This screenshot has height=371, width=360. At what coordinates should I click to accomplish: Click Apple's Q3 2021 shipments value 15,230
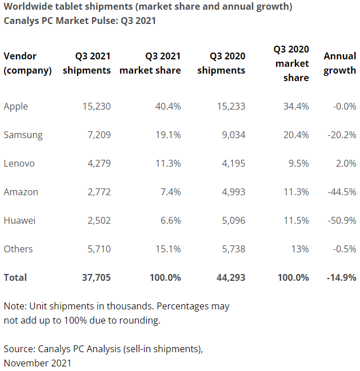(x=94, y=106)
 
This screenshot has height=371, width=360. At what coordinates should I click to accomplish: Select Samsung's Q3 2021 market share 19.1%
(x=168, y=135)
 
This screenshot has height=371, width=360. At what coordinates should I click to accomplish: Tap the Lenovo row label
(x=19, y=163)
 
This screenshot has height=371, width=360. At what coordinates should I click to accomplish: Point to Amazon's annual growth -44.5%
(x=341, y=192)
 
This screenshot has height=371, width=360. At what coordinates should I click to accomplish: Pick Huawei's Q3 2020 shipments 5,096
(x=231, y=220)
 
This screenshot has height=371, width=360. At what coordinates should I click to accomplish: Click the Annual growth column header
(x=339, y=63)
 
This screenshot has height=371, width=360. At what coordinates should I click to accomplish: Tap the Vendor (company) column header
(x=27, y=63)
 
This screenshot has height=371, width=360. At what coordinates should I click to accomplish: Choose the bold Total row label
(x=15, y=277)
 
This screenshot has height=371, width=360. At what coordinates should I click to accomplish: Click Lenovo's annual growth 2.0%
(x=345, y=163)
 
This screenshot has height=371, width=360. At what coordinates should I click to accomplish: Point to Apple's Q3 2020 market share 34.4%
(x=296, y=106)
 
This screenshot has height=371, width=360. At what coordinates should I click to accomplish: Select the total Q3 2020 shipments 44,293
(x=230, y=277)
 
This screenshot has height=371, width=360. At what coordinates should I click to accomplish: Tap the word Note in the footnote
(x=14, y=306)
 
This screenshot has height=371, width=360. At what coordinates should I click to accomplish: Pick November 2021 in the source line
(x=38, y=362)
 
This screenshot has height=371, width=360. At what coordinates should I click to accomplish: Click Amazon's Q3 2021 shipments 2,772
(x=97, y=192)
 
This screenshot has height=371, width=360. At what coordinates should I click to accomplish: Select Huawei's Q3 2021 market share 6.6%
(x=170, y=220)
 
